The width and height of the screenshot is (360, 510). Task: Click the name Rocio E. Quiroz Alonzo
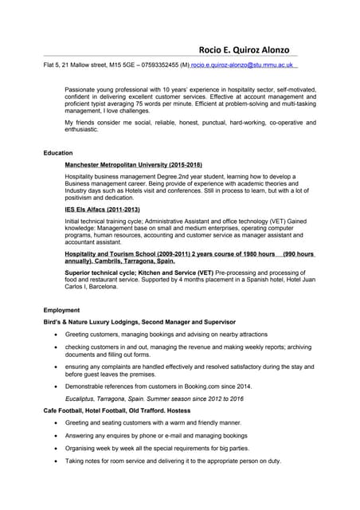pyautogui.click(x=249, y=49)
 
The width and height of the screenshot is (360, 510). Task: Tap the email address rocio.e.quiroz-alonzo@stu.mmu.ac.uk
pyautogui.click(x=242, y=64)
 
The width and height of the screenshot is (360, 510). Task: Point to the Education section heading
pyautogui.click(x=58, y=152)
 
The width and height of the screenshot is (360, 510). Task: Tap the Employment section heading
pyautogui.click(x=62, y=309)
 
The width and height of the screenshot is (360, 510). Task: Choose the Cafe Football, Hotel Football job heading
pyautogui.click(x=106, y=410)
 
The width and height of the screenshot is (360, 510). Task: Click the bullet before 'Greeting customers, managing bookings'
pyautogui.click(x=54, y=335)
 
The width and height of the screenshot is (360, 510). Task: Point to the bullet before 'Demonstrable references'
pyautogui.click(x=54, y=385)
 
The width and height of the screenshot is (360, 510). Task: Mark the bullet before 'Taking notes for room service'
pyautogui.click(x=54, y=461)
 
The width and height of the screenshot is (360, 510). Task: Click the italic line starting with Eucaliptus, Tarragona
pyautogui.click(x=154, y=398)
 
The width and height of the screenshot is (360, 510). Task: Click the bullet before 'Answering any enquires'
pyautogui.click(x=54, y=436)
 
